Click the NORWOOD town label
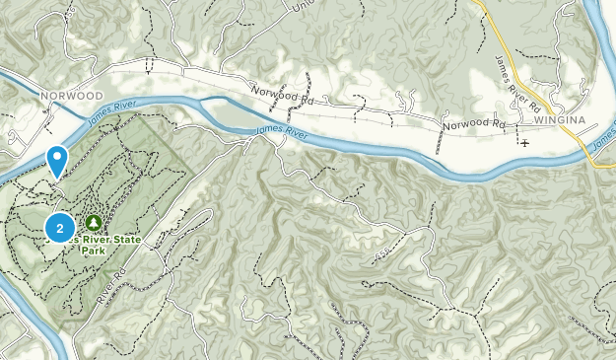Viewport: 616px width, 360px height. tap(72, 95)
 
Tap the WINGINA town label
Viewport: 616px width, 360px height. tap(560, 120)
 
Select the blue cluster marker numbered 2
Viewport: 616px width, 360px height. tap(61, 228)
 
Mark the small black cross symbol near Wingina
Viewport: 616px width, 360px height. tap(524, 143)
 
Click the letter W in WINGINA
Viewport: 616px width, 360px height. tap(538, 120)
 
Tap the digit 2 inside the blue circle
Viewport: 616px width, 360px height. tap(61, 228)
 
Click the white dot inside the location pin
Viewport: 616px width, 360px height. tap(58, 156)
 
